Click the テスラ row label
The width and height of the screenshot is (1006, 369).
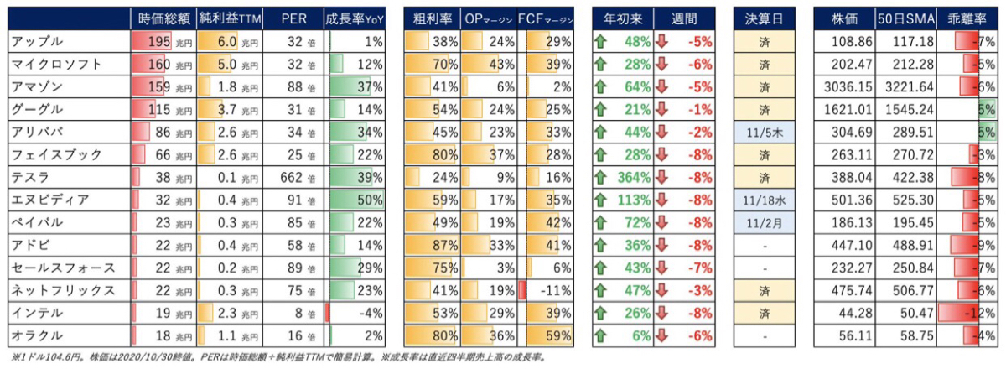(29, 178)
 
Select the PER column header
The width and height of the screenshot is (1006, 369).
(293, 19)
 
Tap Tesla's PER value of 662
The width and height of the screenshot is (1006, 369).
(292, 178)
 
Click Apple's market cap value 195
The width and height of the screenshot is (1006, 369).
(159, 42)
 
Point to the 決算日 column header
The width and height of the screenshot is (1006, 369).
(764, 19)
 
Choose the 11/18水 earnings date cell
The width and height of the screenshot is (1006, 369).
(764, 200)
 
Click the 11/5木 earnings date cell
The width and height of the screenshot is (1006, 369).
(764, 133)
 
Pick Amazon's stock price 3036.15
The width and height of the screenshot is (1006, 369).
(848, 86)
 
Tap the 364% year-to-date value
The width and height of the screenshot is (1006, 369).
(634, 178)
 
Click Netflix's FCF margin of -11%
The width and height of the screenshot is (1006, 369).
(556, 291)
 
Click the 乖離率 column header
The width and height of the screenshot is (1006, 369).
(967, 19)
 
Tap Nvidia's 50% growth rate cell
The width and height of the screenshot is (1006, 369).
(370, 200)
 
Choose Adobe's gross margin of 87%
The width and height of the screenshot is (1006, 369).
(444, 246)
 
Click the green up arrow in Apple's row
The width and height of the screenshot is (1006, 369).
(600, 42)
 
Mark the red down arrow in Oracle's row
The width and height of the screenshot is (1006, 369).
(661, 335)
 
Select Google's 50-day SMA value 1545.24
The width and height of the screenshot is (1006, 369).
(910, 110)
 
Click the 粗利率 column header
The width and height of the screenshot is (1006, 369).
(432, 19)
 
